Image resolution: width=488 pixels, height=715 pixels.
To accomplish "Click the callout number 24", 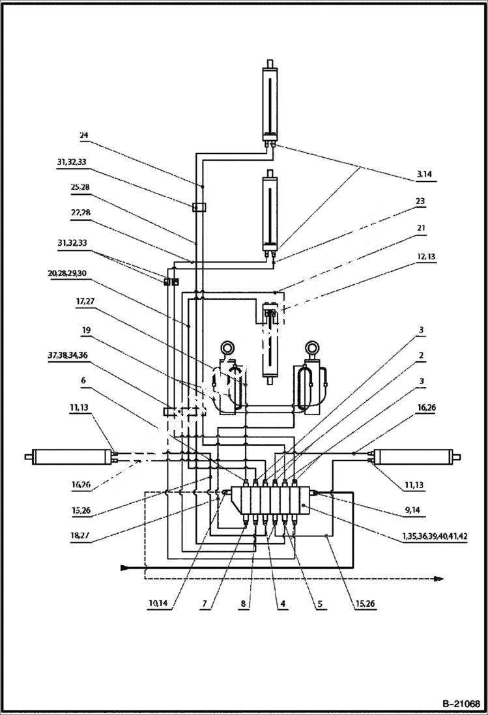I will [x=84, y=136].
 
